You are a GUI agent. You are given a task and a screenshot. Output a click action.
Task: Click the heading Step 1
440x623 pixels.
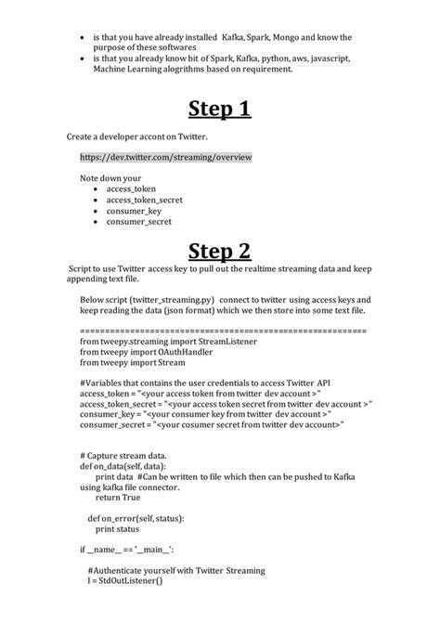(x=220, y=110)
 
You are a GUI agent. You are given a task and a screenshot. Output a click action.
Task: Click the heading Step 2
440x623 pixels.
(x=220, y=252)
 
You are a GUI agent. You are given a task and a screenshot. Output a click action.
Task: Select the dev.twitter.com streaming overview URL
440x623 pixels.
(x=166, y=157)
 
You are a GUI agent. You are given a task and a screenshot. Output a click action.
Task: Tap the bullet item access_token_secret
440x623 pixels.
(x=144, y=200)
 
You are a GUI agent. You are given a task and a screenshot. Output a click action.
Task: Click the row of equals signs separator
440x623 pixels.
(x=219, y=331)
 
